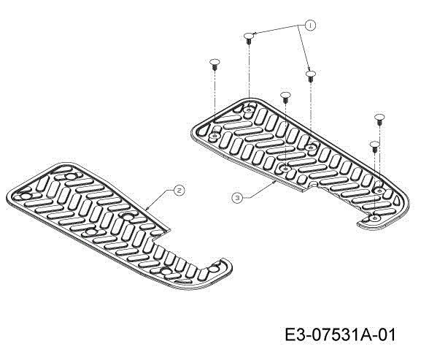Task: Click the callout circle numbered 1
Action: (310, 26)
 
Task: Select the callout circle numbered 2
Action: (179, 191)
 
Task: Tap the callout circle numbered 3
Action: (237, 199)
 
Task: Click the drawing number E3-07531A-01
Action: (340, 335)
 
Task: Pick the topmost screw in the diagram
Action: (249, 39)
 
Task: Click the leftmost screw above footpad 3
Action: (215, 64)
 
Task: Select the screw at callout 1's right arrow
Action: (311, 76)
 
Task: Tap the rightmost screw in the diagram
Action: (379, 120)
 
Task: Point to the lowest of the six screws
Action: (374, 147)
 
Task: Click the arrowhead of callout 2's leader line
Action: (147, 209)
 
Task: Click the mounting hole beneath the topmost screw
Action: (249, 110)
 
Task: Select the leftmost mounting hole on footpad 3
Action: (215, 136)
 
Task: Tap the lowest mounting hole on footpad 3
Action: (374, 218)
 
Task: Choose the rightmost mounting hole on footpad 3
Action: (379, 191)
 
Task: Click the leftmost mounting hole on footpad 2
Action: (26, 196)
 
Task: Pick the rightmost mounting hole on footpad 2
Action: (214, 269)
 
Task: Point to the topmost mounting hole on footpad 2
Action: (71, 177)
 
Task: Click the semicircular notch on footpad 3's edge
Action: (313, 184)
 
